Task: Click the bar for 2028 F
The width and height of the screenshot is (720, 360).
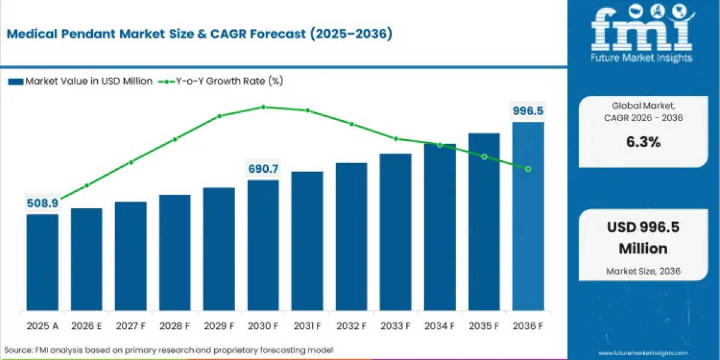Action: tap(175, 253)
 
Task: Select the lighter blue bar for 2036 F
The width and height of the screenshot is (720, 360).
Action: tap(528, 216)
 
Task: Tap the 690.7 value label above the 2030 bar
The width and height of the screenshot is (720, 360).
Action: tap(263, 169)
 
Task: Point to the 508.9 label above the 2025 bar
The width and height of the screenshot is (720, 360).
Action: tap(43, 203)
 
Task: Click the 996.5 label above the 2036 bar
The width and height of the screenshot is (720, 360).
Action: tap(528, 111)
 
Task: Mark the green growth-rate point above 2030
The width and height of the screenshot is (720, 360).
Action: tap(263, 107)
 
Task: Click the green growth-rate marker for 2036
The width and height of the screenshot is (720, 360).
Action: tap(528, 169)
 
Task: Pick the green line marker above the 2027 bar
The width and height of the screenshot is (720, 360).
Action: tap(131, 163)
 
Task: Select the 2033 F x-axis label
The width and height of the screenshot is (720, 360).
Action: tap(395, 326)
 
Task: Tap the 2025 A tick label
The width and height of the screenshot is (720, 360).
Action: tap(43, 326)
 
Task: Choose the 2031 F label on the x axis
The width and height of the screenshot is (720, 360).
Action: tap(307, 326)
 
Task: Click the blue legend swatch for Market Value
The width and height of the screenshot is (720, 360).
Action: tap(16, 82)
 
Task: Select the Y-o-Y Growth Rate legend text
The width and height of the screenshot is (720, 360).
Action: tap(229, 81)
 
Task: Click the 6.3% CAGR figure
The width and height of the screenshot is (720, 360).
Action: tap(643, 142)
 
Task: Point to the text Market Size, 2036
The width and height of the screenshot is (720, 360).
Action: tap(643, 271)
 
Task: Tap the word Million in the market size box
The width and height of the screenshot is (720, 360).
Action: tap(643, 248)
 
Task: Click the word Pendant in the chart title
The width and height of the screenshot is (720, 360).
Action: tap(88, 34)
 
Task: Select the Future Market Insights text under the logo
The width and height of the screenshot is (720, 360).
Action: tap(641, 58)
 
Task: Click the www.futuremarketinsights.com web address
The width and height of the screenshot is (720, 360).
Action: tap(643, 353)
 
